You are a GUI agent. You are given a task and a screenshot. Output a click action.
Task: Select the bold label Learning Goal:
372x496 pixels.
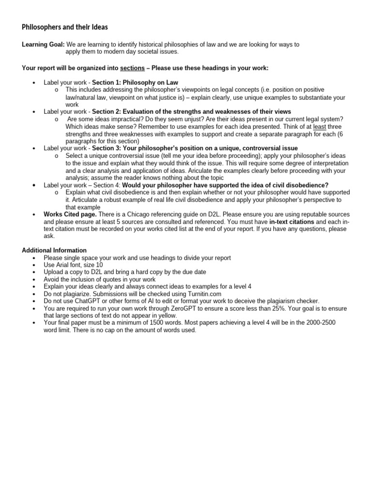click(43, 45)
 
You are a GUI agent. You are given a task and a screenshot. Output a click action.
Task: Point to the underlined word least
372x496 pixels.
click(320, 126)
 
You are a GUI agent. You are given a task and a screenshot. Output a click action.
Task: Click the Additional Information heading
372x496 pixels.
click(54, 250)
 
